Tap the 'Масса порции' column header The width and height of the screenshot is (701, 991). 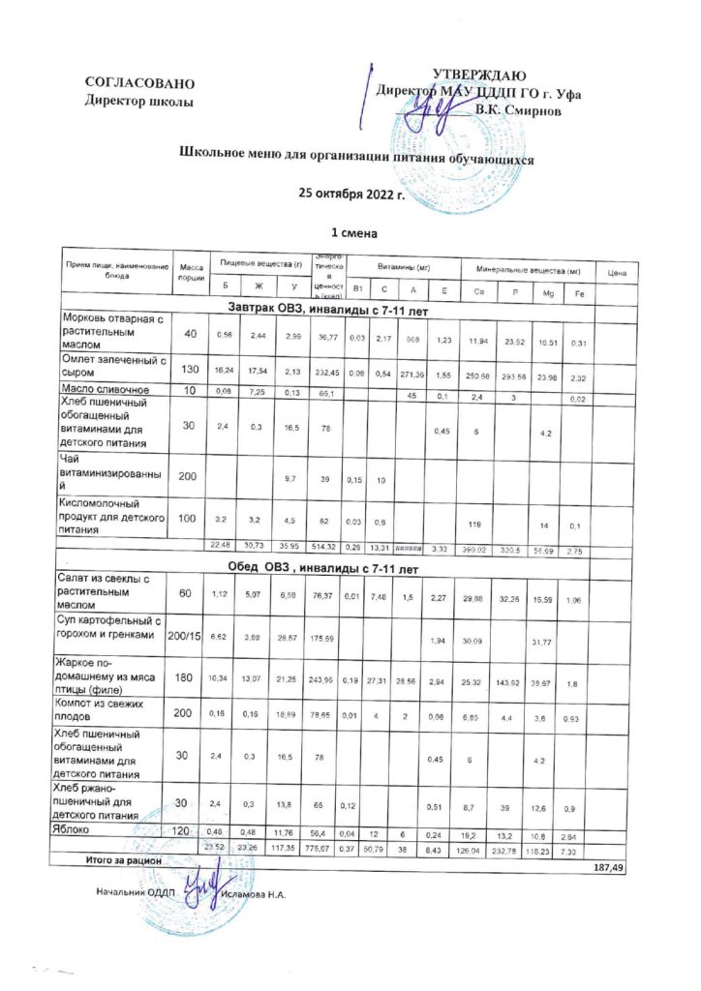pyautogui.click(x=191, y=272)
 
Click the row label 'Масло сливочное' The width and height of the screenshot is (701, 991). pyautogui.click(x=103, y=389)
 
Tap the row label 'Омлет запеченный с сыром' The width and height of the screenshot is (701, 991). pyautogui.click(x=113, y=368)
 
